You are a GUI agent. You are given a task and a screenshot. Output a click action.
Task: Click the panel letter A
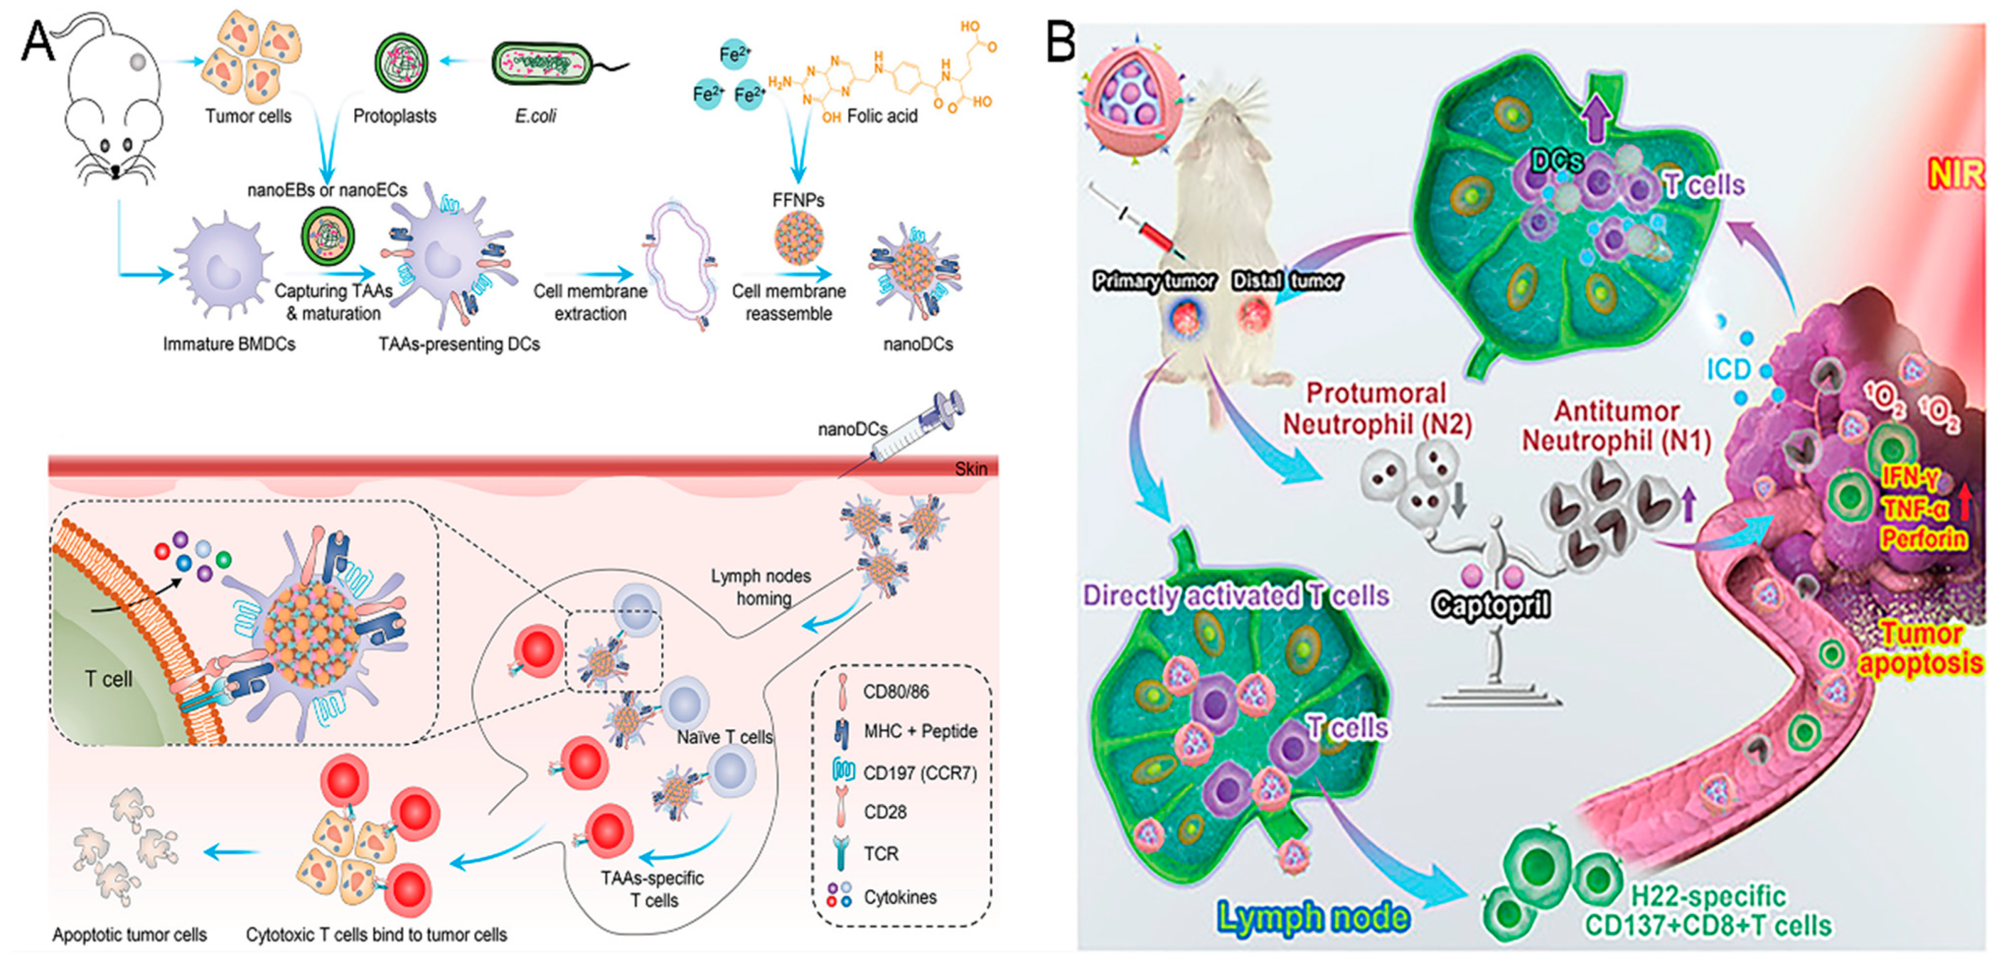click(36, 40)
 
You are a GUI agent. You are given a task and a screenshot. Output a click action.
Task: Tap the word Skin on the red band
click(970, 469)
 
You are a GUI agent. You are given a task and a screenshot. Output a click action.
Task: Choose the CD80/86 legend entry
click(896, 692)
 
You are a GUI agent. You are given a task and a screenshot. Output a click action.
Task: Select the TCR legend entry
click(881, 853)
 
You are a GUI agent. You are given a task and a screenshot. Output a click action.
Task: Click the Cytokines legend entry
click(899, 897)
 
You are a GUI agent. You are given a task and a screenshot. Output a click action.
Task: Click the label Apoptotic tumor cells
click(129, 934)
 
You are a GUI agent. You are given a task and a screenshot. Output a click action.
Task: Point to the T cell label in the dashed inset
click(108, 679)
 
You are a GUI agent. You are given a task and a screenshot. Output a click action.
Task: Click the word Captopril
click(1490, 604)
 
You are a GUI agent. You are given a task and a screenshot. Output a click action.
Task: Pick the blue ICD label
click(1728, 370)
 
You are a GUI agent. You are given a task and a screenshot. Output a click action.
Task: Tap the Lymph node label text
click(1313, 918)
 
